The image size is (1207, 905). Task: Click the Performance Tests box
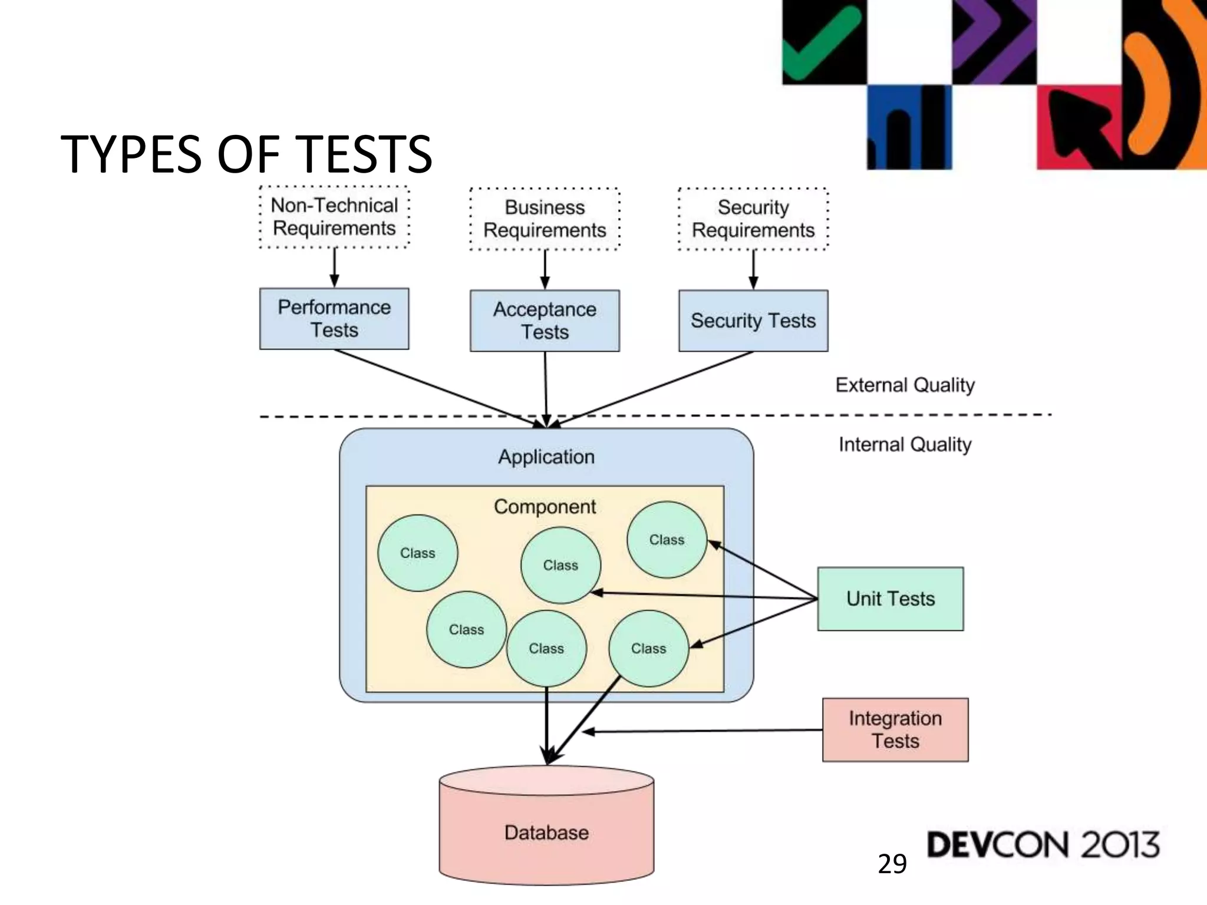click(334, 319)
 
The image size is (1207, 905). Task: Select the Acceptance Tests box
click(545, 321)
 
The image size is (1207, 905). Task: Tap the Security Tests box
click(753, 321)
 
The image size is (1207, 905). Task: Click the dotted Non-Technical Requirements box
click(334, 217)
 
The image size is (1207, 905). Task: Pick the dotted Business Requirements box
click(545, 219)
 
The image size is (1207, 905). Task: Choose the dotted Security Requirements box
click(753, 219)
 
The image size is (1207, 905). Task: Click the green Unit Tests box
click(890, 599)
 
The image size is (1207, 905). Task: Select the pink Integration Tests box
click(895, 729)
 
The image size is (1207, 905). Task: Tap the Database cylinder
click(546, 832)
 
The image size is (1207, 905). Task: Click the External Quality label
click(905, 385)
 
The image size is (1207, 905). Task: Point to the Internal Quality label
click(905, 444)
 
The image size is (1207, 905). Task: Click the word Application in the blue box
click(546, 457)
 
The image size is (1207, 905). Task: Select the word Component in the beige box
click(545, 507)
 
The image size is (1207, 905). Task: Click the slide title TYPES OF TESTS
click(246, 154)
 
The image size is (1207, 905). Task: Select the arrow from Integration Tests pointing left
click(701, 731)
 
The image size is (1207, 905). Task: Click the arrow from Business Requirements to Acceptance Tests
click(545, 270)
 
